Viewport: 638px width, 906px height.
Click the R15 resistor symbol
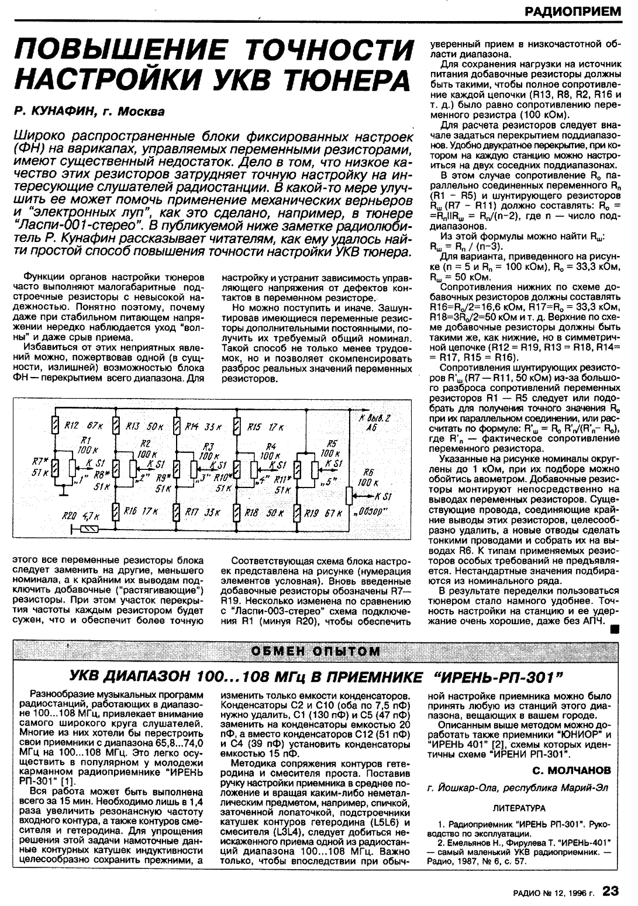(237, 426)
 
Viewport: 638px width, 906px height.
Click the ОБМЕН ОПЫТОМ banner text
(316, 651)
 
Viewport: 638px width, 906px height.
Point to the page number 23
(611, 891)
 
